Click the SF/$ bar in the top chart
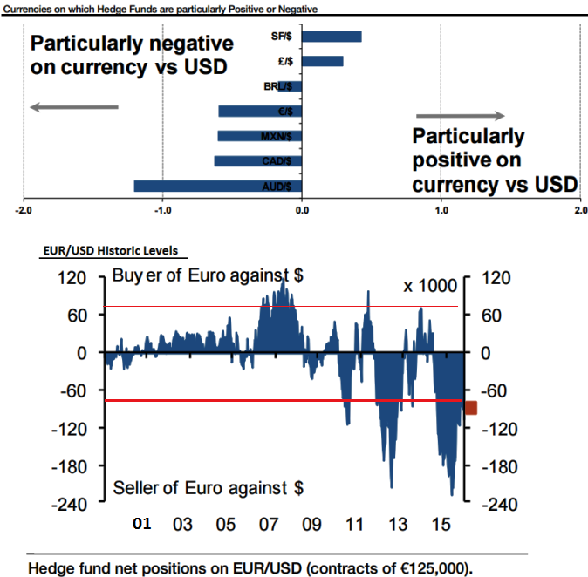pyautogui.click(x=332, y=36)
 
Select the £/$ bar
pyautogui.click(x=323, y=61)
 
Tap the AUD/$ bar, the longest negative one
pyautogui.click(x=217, y=186)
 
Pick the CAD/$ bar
pyautogui.click(x=257, y=160)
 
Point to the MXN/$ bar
pyautogui.click(x=259, y=136)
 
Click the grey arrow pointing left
pyautogui.click(x=73, y=107)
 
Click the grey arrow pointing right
pyautogui.click(x=461, y=116)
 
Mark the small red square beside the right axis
pyautogui.click(x=471, y=408)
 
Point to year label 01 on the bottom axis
pyautogui.click(x=142, y=525)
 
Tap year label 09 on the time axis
pyautogui.click(x=311, y=525)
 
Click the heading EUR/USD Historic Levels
pyautogui.click(x=110, y=251)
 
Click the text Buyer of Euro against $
pyautogui.click(x=208, y=276)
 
